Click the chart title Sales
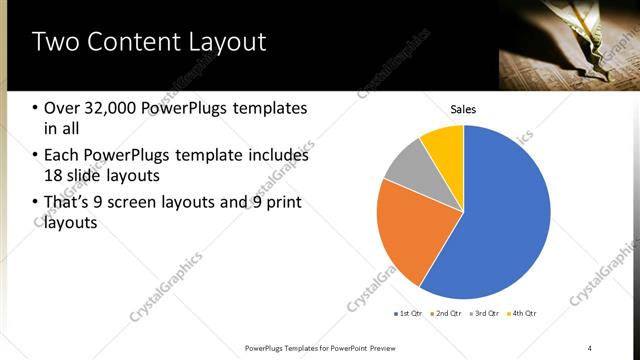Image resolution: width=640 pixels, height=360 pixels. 463,109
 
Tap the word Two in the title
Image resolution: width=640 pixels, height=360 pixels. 58,42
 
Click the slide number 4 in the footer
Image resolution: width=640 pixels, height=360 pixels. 590,347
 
